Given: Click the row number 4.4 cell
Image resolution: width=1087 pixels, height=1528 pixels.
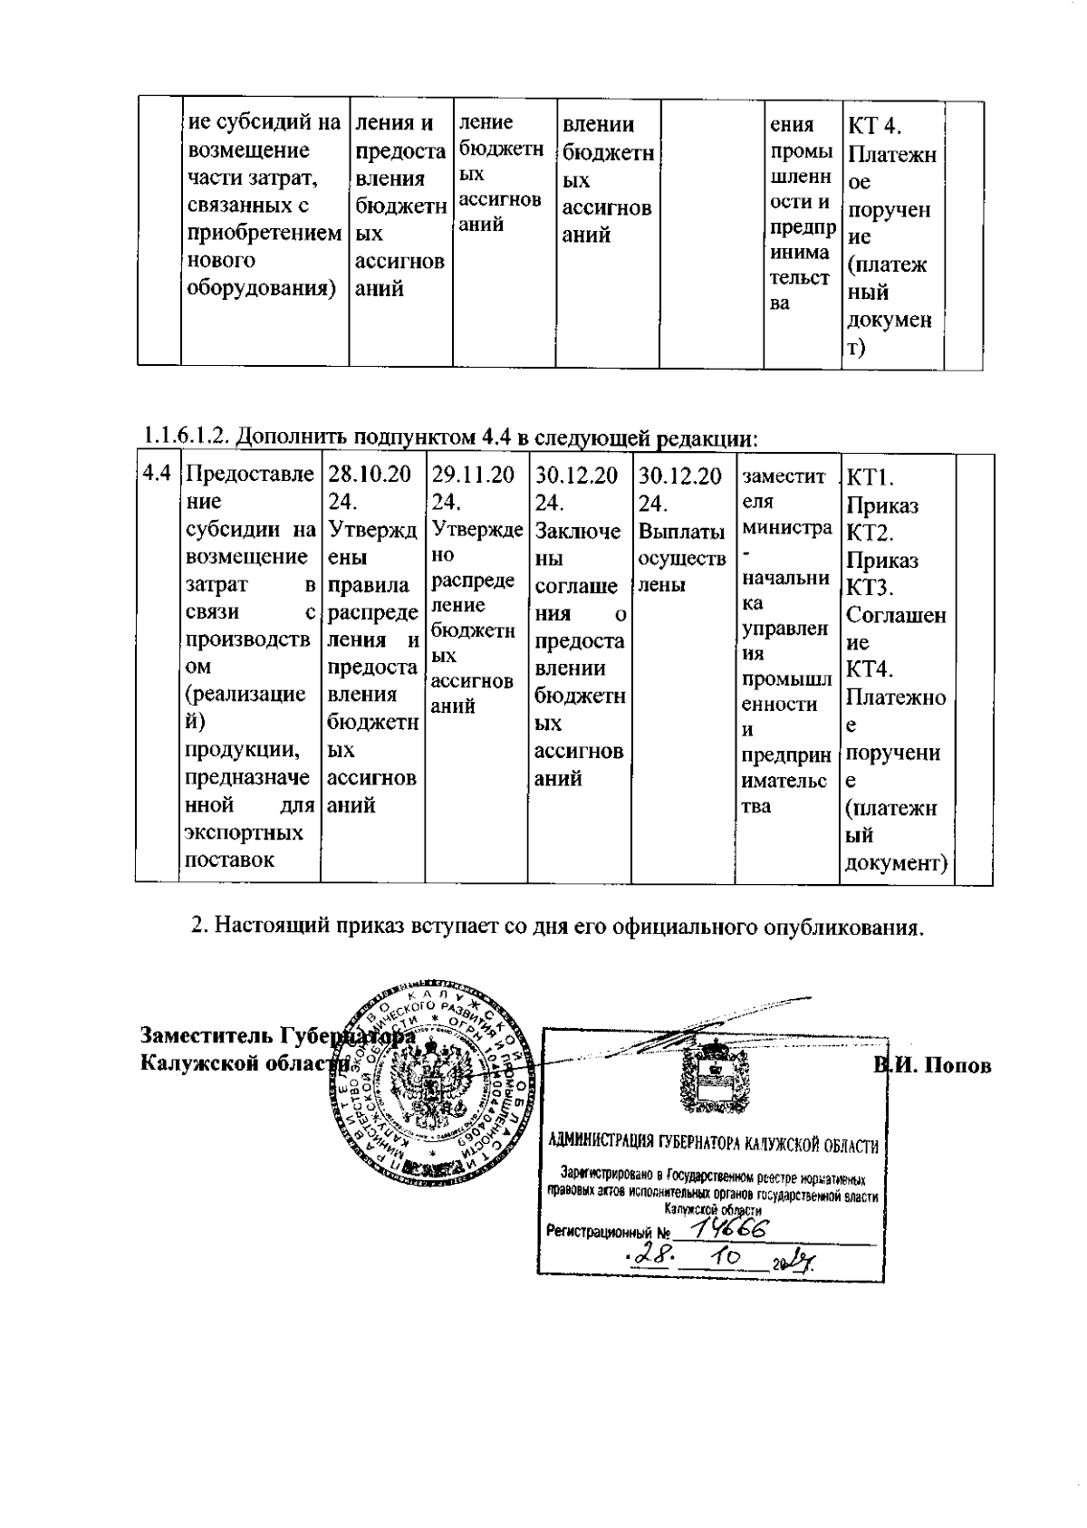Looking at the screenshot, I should pos(157,474).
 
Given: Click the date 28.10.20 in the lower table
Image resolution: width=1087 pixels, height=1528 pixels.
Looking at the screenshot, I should pos(369,475).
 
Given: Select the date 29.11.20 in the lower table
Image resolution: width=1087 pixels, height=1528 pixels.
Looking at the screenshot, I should pos(473,475).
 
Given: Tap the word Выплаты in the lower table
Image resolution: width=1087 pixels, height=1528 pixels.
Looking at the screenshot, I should pos(680,531).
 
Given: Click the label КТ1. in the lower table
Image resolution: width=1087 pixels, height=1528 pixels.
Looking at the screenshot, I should pos(869,478).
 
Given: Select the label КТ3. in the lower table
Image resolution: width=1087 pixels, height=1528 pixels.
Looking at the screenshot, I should pos(870,588).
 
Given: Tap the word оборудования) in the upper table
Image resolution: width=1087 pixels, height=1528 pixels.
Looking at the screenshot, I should pos(261,288).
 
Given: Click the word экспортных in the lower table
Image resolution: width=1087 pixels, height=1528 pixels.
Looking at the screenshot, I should pos(244,831).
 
